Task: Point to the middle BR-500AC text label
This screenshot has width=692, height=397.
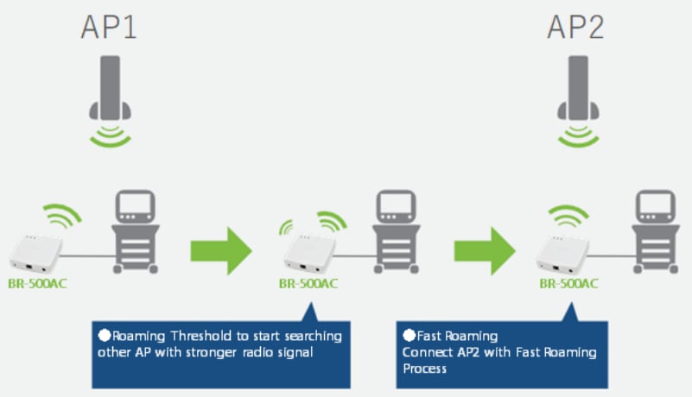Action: click(x=308, y=282)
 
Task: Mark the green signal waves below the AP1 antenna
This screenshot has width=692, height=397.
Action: click(x=110, y=135)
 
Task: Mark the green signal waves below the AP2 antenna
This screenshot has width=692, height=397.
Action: click(x=576, y=135)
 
